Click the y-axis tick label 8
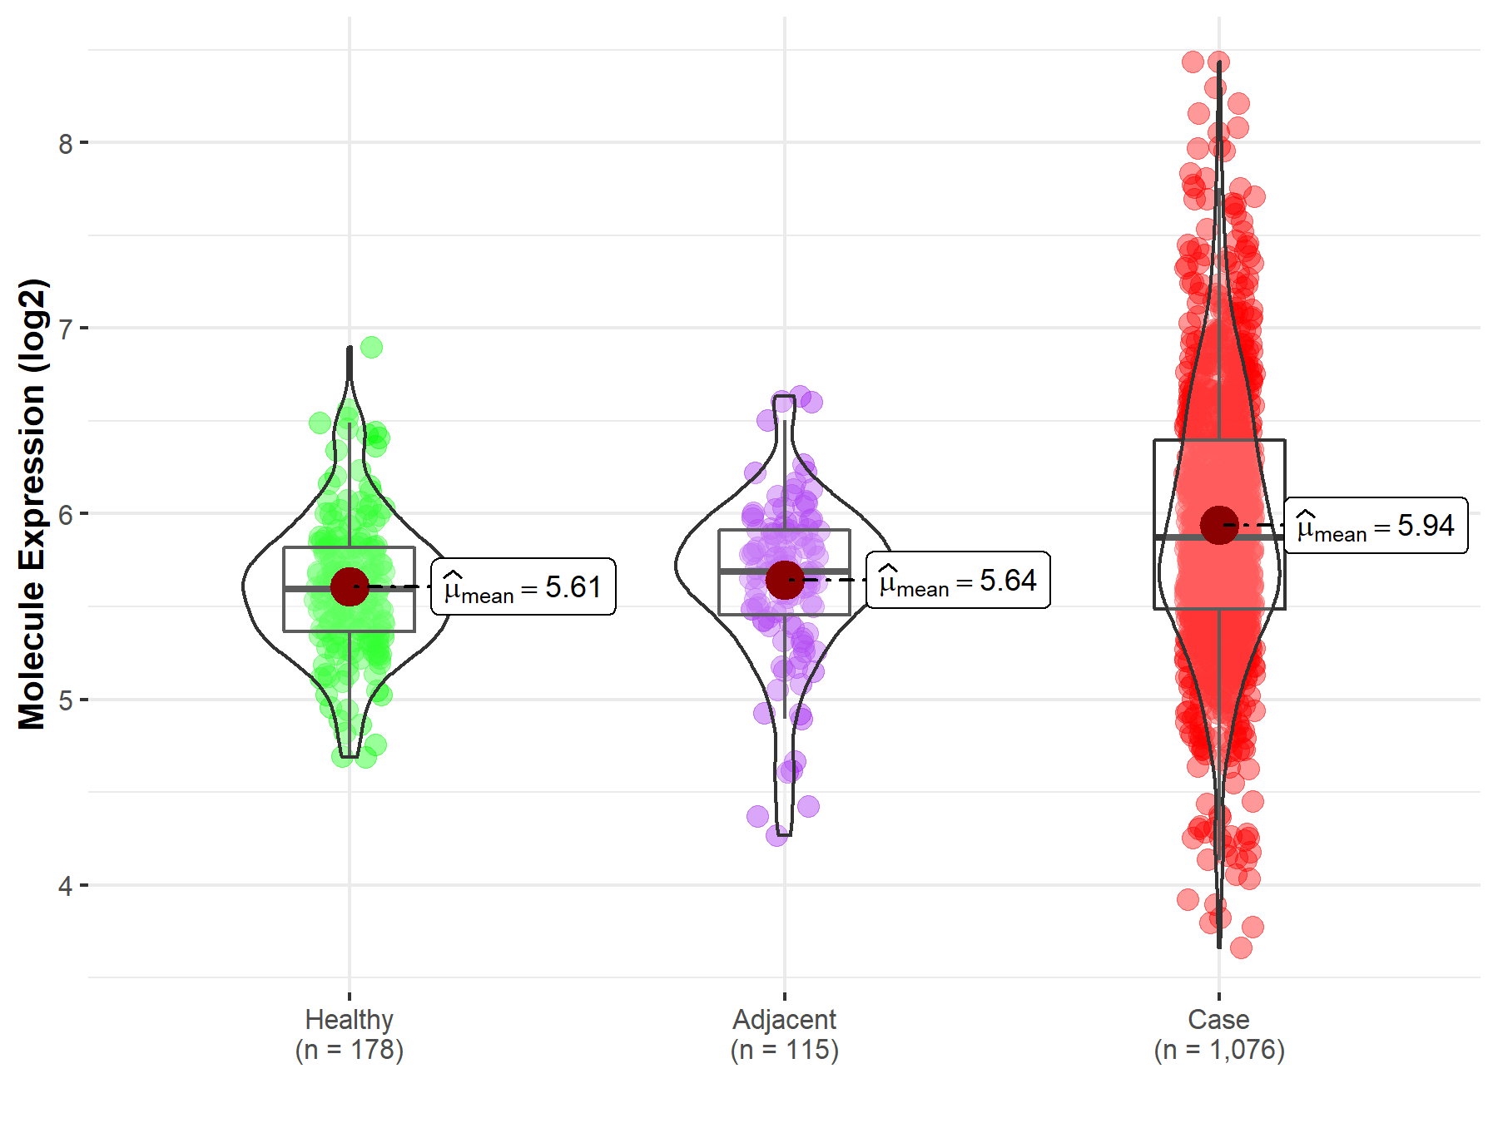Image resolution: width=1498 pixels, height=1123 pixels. (x=66, y=144)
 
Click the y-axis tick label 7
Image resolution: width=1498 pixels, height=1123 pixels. (x=66, y=329)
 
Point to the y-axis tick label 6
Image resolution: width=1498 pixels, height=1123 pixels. (x=66, y=515)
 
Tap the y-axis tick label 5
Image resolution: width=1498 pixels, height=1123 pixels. (x=66, y=700)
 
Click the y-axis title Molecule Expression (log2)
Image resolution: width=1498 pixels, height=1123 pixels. (x=32, y=504)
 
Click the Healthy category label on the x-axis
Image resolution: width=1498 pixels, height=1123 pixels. (x=349, y=1020)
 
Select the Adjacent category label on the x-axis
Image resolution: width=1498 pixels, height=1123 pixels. (x=784, y=1020)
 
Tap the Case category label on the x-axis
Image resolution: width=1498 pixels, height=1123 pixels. (x=1218, y=1020)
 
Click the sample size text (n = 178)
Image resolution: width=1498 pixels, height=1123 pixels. (x=349, y=1050)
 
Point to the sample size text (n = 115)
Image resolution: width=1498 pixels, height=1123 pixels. (x=784, y=1050)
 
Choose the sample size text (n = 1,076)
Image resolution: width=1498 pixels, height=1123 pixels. (x=1218, y=1050)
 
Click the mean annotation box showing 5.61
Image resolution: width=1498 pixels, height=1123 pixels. (x=523, y=587)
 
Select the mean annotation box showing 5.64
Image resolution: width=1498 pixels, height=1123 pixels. (x=958, y=580)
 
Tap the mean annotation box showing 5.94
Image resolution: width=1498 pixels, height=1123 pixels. (x=1376, y=526)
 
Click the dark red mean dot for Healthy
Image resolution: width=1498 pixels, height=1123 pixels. (x=350, y=586)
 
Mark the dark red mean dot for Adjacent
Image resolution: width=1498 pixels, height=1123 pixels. (x=784, y=580)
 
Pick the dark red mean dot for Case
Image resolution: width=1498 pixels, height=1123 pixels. (x=1219, y=525)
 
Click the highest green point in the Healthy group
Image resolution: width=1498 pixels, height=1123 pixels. (x=372, y=347)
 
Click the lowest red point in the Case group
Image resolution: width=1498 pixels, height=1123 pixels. (x=1241, y=947)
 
